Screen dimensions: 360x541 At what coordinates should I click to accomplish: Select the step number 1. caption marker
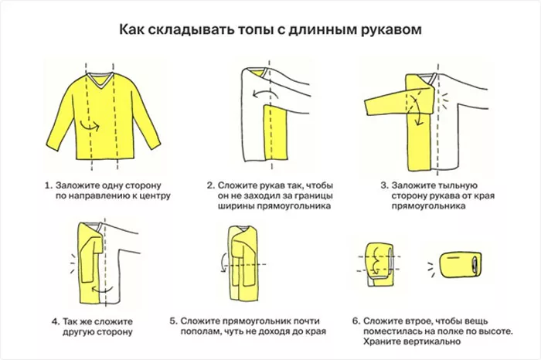48,185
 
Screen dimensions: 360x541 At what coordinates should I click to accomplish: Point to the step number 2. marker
210,185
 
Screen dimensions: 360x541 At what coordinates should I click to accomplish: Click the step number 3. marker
384,185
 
